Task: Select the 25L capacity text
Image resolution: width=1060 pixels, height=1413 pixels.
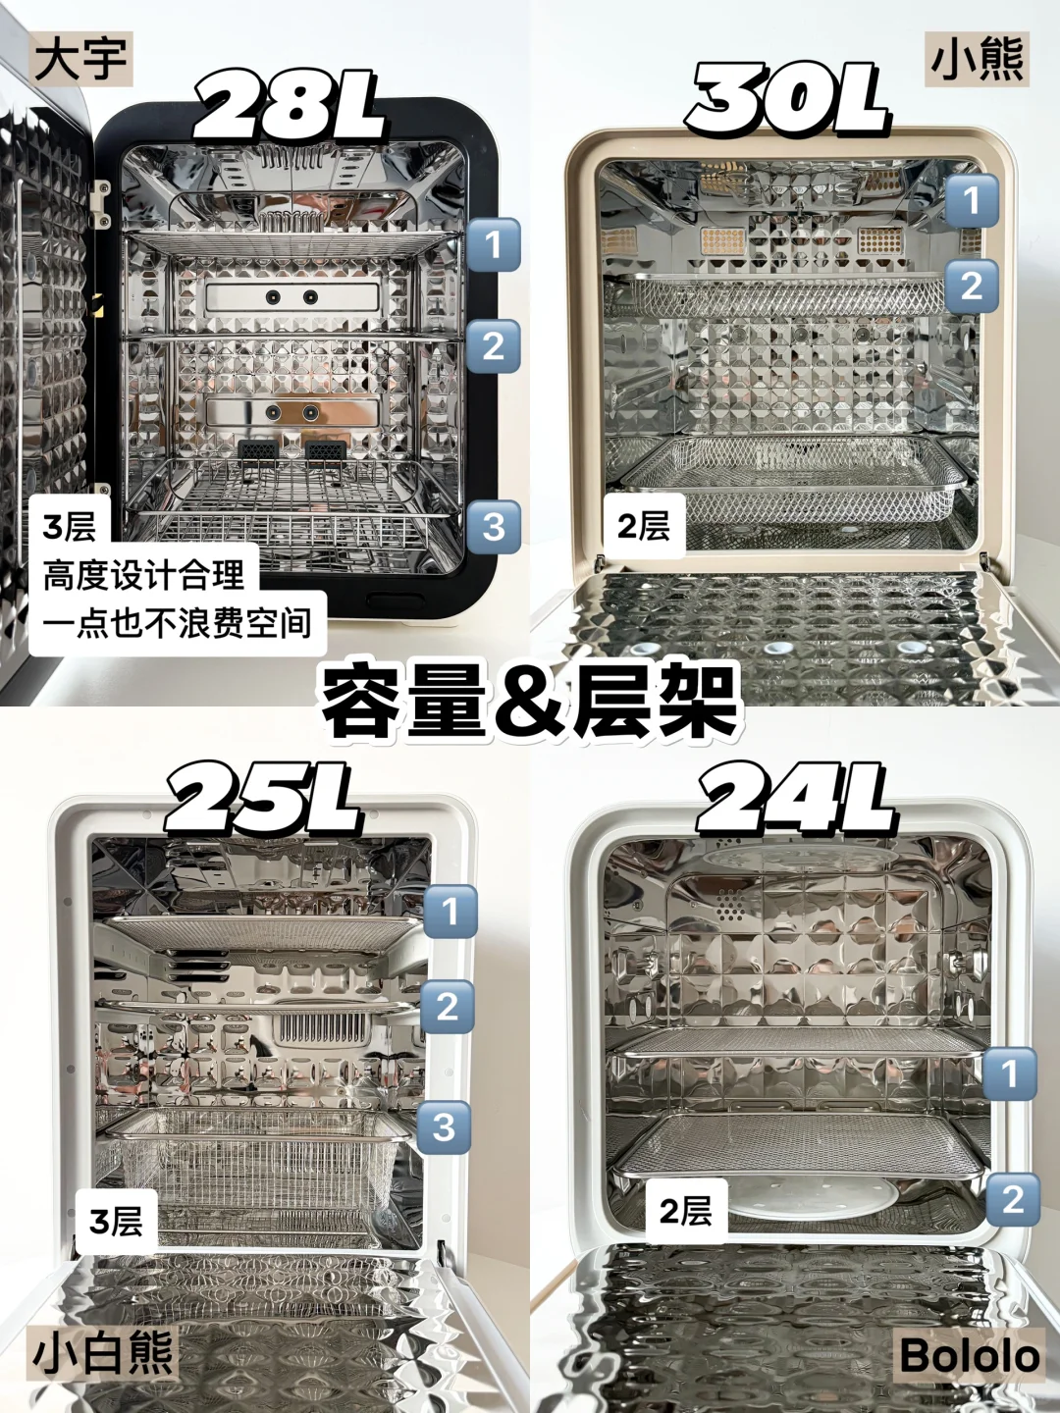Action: [x=263, y=799]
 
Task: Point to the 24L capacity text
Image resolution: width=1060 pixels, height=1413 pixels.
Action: [x=796, y=799]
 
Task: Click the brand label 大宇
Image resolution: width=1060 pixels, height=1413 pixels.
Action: [x=80, y=59]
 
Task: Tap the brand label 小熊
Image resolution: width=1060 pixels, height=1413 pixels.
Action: [x=977, y=59]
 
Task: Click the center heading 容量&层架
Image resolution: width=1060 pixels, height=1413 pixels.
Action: [x=530, y=704]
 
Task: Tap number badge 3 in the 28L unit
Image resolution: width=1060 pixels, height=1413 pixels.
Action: [x=493, y=526]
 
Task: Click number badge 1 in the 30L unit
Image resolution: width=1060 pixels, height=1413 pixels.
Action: [x=972, y=200]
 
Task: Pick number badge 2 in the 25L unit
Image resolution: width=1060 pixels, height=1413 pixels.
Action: [x=447, y=1006]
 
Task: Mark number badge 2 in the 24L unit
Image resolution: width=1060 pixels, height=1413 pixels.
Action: [x=1012, y=1199]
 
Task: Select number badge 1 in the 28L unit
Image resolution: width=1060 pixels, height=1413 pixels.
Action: [x=493, y=244]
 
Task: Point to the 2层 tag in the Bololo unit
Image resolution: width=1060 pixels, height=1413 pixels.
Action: [x=685, y=1211]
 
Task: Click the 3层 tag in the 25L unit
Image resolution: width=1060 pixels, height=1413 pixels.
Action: [x=116, y=1220]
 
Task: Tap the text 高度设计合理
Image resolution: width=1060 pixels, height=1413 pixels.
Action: [x=144, y=574]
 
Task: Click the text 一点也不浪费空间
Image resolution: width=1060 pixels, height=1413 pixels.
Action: [x=177, y=622]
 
